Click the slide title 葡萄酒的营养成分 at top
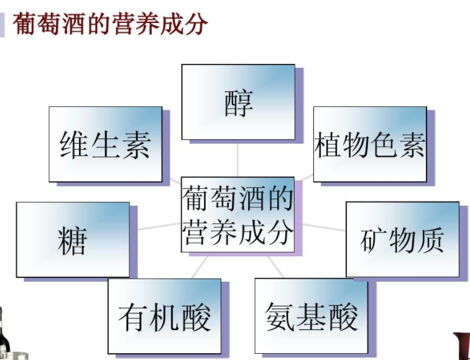click(110, 24)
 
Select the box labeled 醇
click(238, 102)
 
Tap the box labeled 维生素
click(105, 144)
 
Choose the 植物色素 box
click(370, 144)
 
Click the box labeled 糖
click(73, 239)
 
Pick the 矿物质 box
click(402, 239)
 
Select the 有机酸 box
click(164, 316)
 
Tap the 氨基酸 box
click(311, 316)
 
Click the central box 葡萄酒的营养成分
click(237, 215)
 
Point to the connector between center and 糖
click(155, 226)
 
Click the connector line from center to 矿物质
click(320, 226)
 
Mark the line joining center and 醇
click(238, 159)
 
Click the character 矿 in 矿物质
click(374, 240)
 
